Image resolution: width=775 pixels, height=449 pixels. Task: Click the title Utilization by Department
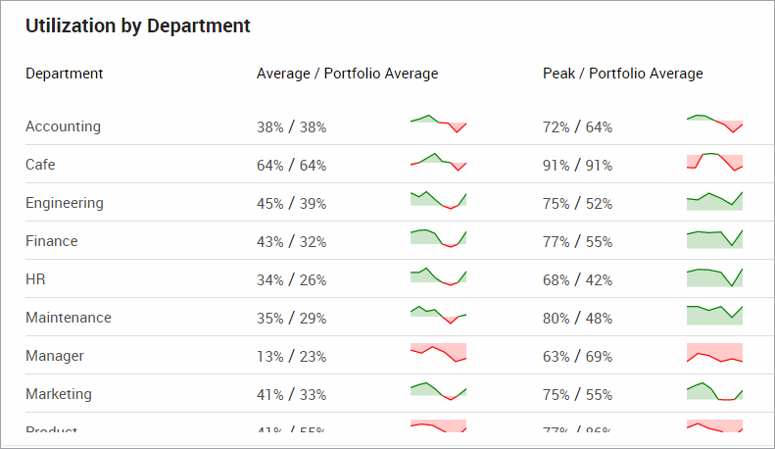click(x=138, y=26)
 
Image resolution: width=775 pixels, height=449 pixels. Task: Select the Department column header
click(x=65, y=74)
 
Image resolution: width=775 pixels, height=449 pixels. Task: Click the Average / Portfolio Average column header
click(x=347, y=74)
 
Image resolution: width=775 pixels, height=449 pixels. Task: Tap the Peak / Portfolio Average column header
click(x=622, y=74)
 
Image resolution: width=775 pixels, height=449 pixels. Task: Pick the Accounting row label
click(x=63, y=126)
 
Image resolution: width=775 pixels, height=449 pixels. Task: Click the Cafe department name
click(x=40, y=165)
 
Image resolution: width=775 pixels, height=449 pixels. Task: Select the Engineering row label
click(x=65, y=203)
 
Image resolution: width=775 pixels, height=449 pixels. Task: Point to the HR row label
click(x=35, y=279)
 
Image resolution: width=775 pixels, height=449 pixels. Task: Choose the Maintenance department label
click(x=69, y=318)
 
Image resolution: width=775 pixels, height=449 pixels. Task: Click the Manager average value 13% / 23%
click(x=291, y=357)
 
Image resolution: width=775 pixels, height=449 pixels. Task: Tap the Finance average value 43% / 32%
click(x=291, y=241)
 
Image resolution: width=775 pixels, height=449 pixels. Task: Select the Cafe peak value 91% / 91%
click(x=577, y=166)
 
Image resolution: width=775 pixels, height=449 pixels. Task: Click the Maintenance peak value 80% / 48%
click(x=577, y=319)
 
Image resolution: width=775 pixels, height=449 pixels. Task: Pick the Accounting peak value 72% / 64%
click(x=577, y=127)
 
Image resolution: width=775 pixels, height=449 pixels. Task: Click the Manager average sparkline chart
click(x=438, y=353)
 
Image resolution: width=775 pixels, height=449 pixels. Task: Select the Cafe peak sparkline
click(x=715, y=163)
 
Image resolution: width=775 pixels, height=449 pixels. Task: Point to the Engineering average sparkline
click(x=438, y=200)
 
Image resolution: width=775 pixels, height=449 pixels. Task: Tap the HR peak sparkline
click(x=715, y=276)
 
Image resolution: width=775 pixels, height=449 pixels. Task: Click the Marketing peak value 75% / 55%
click(x=577, y=395)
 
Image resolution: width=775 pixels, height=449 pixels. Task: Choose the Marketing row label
click(x=59, y=394)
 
